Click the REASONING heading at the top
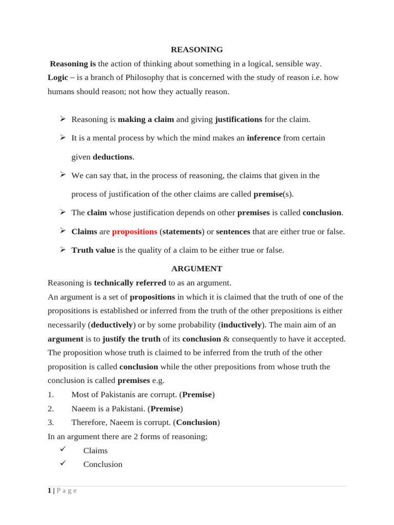coord(196,50)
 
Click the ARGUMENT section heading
coord(196,269)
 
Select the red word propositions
coord(134,232)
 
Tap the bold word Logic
coord(58,77)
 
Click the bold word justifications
coord(239,119)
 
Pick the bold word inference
coord(264,138)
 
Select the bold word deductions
coord(112,157)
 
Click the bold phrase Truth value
coord(93,250)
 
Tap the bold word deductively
coord(112,325)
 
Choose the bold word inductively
coord(241,325)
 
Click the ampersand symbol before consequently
coord(226,339)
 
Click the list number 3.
coord(50,422)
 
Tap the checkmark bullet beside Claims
coord(63,449)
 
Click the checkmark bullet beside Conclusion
coord(63,463)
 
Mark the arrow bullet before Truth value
coord(63,250)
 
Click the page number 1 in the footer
coord(49,491)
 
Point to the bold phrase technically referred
coord(130,283)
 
